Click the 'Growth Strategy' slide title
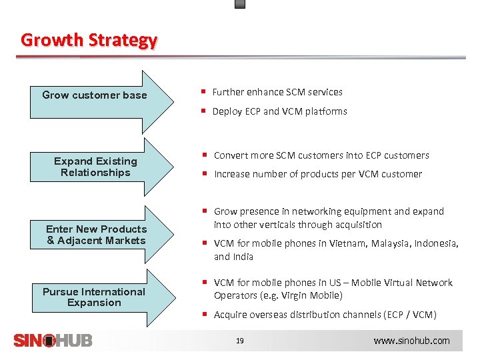[89, 40]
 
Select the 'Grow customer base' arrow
[95, 95]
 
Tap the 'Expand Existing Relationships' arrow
[95, 167]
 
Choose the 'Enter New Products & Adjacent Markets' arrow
[96, 235]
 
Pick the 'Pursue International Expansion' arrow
[94, 297]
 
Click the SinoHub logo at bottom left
[53, 340]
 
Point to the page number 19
[240, 341]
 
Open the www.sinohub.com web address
[411, 341]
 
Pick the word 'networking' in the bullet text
[316, 211]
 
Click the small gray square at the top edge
[240, 3]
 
